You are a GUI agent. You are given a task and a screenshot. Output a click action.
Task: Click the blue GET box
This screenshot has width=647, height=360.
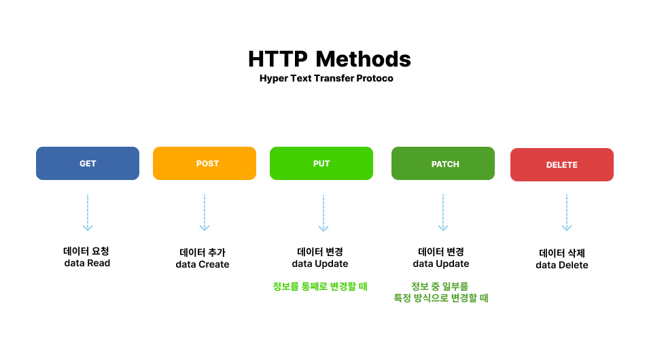pos(88,163)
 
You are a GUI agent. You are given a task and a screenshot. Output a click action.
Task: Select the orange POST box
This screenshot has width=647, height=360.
pos(205,163)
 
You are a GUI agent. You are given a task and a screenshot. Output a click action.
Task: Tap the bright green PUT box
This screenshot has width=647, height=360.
pos(321,163)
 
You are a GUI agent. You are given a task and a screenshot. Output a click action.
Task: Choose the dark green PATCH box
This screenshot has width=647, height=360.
pos(442,163)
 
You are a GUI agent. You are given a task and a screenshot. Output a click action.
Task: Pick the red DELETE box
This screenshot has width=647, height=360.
pos(562,164)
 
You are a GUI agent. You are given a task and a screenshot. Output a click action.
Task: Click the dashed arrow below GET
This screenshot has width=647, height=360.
pos(88,213)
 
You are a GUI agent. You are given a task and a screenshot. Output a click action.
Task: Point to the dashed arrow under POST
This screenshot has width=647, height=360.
pos(205,213)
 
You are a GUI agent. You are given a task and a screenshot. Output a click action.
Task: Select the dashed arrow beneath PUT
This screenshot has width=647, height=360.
pos(323,213)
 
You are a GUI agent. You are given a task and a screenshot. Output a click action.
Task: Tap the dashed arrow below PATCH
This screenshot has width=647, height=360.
pos(442,213)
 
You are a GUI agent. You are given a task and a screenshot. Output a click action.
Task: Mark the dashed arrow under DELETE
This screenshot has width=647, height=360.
pos(567,213)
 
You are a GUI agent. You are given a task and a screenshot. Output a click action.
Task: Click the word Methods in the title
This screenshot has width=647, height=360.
pos(363,59)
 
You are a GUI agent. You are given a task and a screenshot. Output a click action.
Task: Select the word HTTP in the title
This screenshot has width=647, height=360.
pos(278,59)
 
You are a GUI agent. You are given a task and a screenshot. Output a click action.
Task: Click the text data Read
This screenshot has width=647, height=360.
pos(87,263)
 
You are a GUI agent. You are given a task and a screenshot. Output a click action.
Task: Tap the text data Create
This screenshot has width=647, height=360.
pos(203,264)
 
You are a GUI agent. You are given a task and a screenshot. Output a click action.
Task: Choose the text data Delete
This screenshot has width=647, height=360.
pos(562,265)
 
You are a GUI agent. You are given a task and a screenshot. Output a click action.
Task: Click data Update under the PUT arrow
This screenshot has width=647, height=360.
pos(320,264)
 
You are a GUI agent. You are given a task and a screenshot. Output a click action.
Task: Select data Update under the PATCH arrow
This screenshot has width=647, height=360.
pos(440,264)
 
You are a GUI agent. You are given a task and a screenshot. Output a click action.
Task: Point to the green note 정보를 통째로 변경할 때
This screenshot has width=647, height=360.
pos(320,286)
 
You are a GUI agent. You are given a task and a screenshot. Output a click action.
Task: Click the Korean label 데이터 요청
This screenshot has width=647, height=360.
pos(86,251)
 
